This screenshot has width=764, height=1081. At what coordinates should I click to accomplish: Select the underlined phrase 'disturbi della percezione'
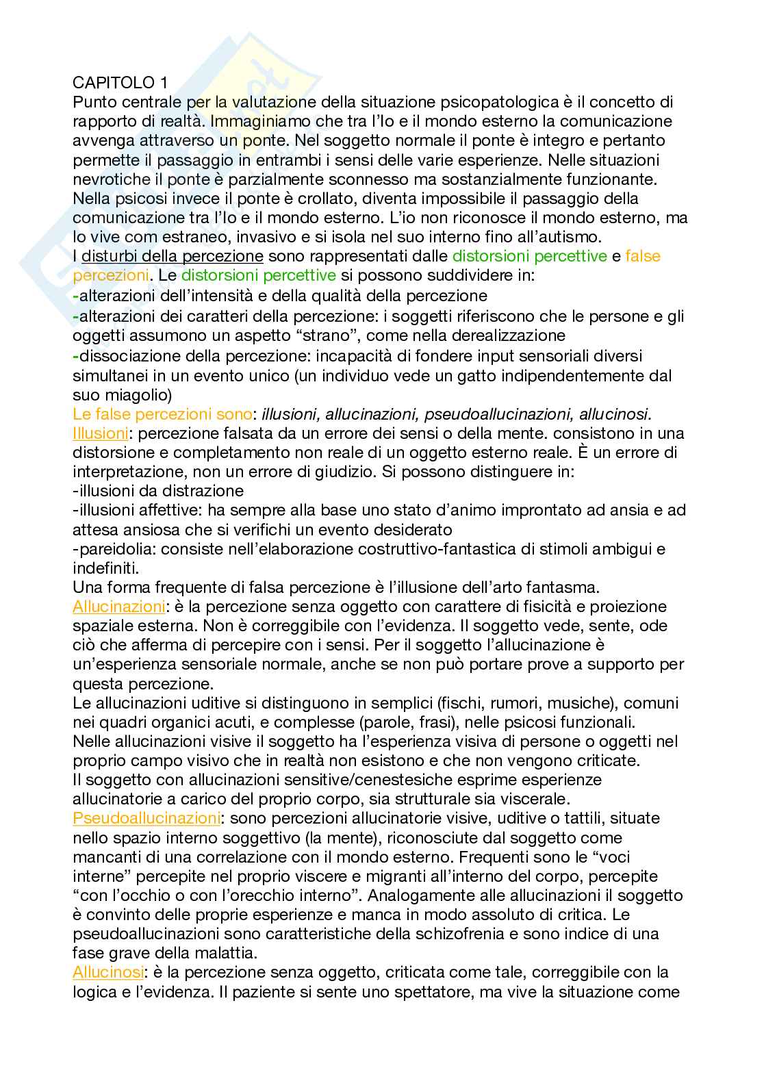coord(173,257)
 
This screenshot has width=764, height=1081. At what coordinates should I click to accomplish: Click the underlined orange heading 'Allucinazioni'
coord(118,607)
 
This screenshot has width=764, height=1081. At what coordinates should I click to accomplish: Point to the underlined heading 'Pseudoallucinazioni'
coord(147,818)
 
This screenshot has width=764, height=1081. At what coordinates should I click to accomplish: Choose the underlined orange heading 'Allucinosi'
coord(108,972)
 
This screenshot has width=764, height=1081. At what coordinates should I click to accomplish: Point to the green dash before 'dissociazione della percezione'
coord(75,356)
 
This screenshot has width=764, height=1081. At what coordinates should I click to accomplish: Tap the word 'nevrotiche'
coord(107,179)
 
